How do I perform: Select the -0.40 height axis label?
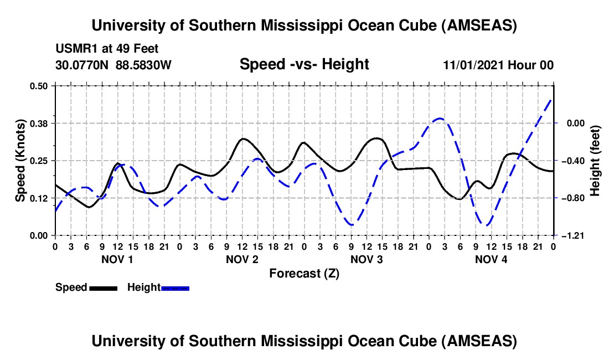(571, 161)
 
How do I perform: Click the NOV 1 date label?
(117, 259)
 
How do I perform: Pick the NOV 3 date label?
(367, 259)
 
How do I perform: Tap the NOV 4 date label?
(491, 259)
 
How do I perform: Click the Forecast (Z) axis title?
(304, 273)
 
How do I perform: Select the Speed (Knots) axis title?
(20, 161)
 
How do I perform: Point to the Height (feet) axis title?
(595, 161)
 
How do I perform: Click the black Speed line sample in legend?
(103, 288)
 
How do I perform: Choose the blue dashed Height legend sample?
(176, 288)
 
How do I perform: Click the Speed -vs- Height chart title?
(304, 64)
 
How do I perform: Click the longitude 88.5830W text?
(144, 65)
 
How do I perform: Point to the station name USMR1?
(75, 49)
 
